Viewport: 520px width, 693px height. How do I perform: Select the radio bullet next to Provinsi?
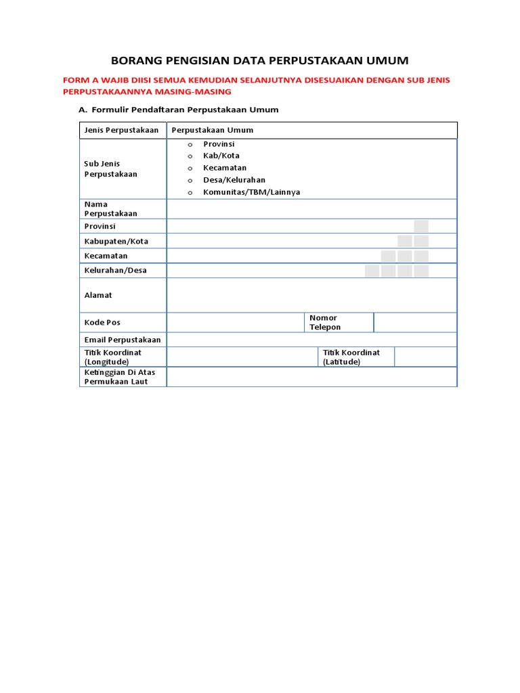pos(190,145)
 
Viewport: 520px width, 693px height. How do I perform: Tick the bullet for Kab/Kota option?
pos(190,156)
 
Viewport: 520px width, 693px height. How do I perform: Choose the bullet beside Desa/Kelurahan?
pos(190,181)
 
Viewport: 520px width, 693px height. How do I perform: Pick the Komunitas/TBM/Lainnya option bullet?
pos(190,192)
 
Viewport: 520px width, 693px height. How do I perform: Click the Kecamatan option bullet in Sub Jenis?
pos(190,169)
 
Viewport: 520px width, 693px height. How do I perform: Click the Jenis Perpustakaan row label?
pos(121,130)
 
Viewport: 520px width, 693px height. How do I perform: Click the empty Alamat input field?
pos(311,295)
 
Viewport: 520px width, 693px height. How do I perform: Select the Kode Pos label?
pos(102,323)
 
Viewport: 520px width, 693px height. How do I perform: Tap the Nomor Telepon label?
pos(325,322)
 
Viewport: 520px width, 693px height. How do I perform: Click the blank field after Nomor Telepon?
pos(415,323)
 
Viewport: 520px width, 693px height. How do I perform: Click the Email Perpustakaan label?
pos(123,339)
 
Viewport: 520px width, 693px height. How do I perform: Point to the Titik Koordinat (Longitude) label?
pos(113,357)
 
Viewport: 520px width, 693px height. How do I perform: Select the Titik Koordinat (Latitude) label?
pos(351,357)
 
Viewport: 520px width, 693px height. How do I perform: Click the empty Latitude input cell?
pos(425,357)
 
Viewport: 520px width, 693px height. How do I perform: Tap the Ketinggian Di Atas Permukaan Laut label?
pos(116,376)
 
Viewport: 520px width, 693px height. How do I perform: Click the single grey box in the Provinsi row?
pos(421,226)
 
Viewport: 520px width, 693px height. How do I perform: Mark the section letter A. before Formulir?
pos(83,110)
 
